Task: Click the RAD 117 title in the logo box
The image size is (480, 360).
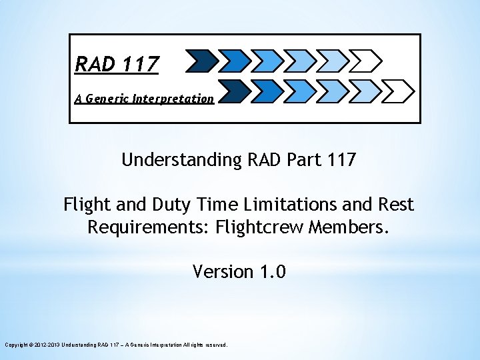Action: coord(117,64)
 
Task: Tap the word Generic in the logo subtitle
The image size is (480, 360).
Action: coord(107,99)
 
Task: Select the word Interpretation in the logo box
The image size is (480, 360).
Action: coord(173,99)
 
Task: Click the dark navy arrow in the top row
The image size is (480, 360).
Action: coord(201,61)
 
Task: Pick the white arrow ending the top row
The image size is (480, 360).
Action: coord(365,61)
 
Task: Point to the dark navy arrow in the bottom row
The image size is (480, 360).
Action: coord(233,90)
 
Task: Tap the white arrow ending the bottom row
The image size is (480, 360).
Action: coord(398,90)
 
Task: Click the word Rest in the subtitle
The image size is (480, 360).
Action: coord(396,204)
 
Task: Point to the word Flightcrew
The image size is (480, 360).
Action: coord(261,227)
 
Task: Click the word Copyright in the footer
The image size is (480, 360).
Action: coord(17,345)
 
